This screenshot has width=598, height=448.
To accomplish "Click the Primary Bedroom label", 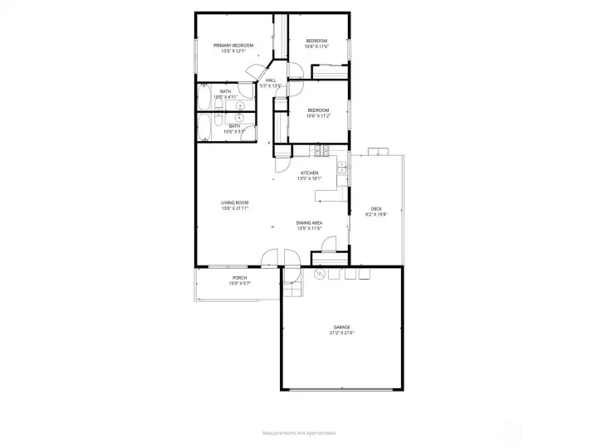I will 233,45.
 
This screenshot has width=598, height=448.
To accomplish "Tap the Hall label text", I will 270,80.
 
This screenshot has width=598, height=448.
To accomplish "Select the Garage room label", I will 342,327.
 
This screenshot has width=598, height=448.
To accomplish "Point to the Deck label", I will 376,208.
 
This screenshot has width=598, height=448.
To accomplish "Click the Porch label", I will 239,278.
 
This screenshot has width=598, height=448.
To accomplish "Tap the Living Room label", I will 235,202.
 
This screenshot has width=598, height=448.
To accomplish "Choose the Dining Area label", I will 309,222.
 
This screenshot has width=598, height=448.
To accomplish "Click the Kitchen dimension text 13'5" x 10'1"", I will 309,178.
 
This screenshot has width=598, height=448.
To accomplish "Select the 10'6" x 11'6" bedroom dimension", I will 317,46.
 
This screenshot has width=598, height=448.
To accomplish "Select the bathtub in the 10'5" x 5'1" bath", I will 204,128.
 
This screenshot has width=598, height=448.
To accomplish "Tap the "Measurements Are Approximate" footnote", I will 298,433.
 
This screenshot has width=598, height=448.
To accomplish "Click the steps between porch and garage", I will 290,286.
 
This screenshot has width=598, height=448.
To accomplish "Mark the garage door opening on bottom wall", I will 342,389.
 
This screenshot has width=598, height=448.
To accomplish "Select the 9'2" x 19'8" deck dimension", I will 376,214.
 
